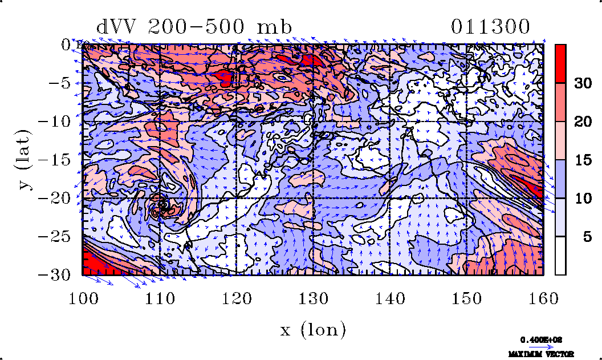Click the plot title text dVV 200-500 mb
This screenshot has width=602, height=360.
tap(194, 27)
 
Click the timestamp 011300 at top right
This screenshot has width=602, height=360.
tap(491, 27)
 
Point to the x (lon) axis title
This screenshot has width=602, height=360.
tap(313, 329)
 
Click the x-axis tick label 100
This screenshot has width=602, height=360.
tap(83, 298)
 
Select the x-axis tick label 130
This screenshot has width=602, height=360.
tap(313, 298)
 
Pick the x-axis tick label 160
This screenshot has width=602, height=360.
tap(543, 298)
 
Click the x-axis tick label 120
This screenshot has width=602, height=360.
tap(236, 298)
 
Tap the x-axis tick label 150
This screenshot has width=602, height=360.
tap(466, 298)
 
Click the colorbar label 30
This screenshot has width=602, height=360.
tap(581, 83)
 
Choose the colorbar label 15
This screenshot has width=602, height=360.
tap(581, 160)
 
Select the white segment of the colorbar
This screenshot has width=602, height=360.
tap(561, 256)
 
